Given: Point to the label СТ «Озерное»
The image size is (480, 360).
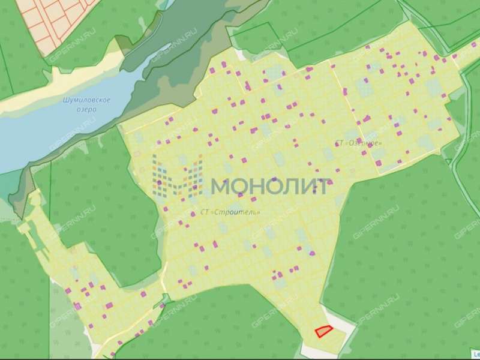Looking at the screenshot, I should pyautogui.click(x=358, y=143).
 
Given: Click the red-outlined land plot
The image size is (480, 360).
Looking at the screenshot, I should pyautogui.click(x=323, y=331).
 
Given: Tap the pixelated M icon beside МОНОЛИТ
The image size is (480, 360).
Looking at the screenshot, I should pyautogui.click(x=177, y=177).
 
